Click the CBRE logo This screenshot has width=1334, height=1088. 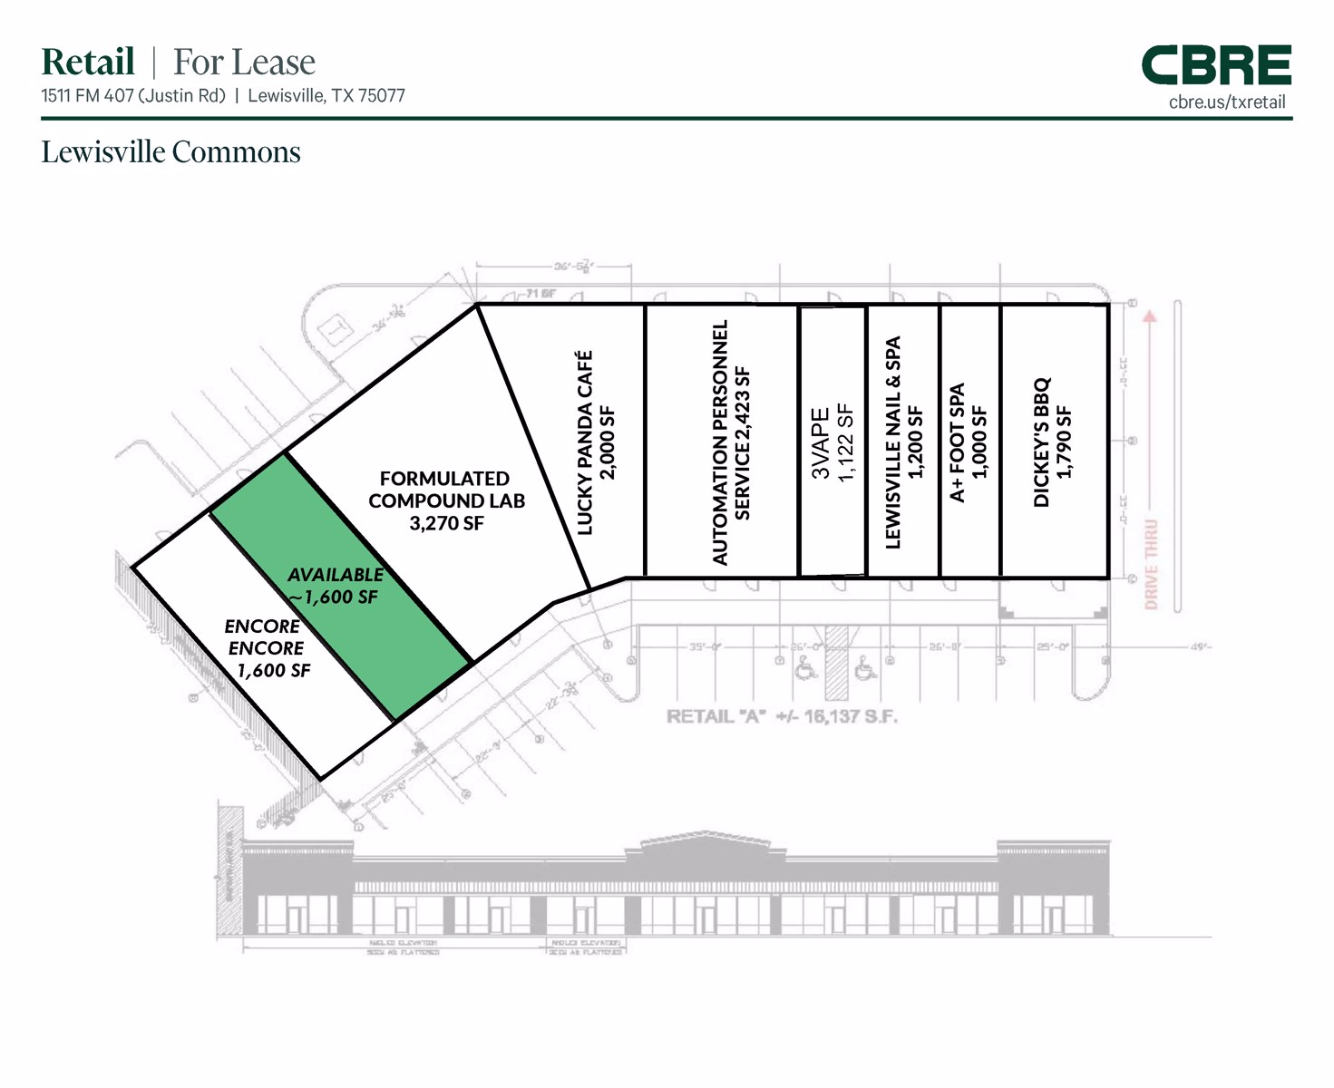pos(1215,65)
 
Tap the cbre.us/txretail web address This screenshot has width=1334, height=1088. pos(1227,102)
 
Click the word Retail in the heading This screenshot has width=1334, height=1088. pos(88,63)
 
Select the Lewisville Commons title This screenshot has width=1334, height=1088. pos(170,152)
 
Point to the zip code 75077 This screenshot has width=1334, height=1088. pos(382,96)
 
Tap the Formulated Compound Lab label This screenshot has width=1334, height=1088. pos(445,490)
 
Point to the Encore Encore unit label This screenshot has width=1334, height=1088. pos(264,637)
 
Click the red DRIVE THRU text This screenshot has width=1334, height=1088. pos(1151,564)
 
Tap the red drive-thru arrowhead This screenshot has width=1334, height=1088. pos(1150,316)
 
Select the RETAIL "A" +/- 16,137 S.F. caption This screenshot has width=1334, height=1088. pos(782,717)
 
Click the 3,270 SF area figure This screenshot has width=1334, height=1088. pos(446,523)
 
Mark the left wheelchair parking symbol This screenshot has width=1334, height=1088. pos(803,669)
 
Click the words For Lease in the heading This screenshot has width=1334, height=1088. pos(244,63)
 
